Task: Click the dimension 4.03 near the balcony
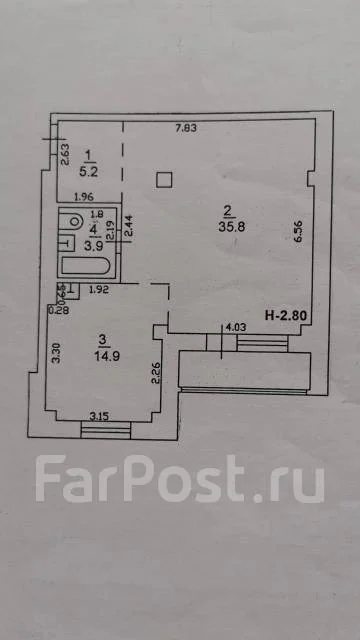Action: click(x=235, y=326)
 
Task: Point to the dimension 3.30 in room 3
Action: click(x=56, y=352)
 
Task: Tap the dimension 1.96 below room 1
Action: click(x=84, y=195)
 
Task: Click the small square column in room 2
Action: click(x=166, y=179)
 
